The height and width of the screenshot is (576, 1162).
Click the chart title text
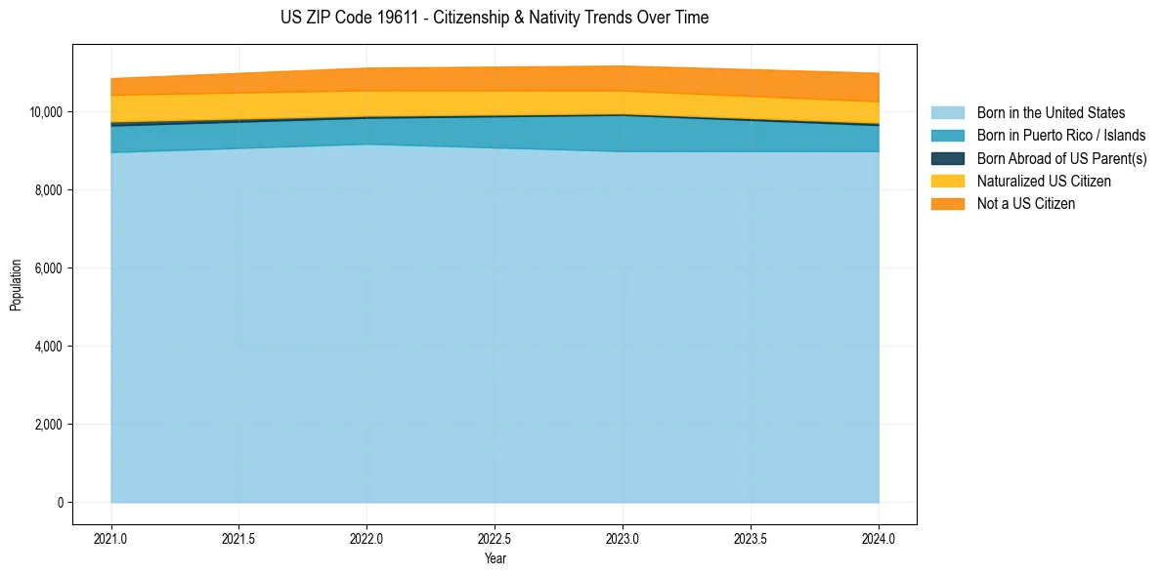pos(494,18)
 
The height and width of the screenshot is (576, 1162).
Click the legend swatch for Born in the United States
pos(947,113)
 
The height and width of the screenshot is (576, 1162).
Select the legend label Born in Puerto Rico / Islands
pos(1060,136)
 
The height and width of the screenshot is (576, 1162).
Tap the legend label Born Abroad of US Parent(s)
pos(1061,158)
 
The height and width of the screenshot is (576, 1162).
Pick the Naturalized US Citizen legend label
pos(1044,181)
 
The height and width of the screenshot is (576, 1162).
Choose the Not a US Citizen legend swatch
pos(947,203)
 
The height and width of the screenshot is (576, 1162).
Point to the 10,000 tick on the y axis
pos(46,112)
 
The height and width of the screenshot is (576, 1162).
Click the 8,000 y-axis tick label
pos(49,190)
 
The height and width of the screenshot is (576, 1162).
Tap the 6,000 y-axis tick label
pos(49,268)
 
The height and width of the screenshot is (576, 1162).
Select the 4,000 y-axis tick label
pos(49,347)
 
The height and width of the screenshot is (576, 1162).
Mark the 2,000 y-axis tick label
pos(49,425)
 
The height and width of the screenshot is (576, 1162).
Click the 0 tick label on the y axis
pos(60,503)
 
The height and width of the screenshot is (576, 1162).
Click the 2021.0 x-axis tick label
pos(111,538)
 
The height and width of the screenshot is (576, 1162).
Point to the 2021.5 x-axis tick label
pos(239,538)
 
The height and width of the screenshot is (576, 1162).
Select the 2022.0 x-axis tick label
pos(367,538)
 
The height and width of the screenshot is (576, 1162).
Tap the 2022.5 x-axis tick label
pos(495,538)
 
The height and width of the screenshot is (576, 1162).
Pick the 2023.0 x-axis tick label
pos(623,538)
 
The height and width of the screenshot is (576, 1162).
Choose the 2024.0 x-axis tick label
pos(879,538)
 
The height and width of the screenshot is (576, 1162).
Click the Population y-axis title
pos(16,285)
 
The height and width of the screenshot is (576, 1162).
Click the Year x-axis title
pos(495,558)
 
